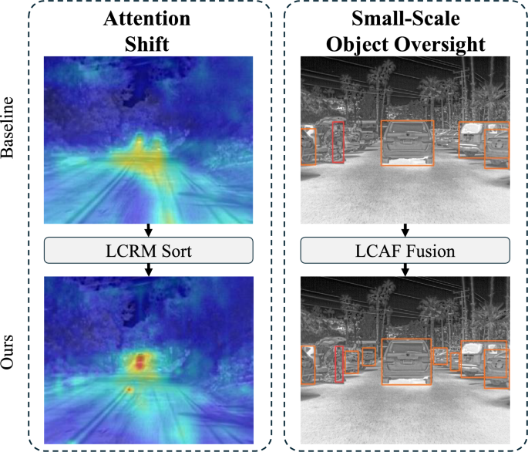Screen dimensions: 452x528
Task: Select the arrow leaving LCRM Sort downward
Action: [x=149, y=268]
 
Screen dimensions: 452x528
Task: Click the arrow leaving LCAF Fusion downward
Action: [x=405, y=268]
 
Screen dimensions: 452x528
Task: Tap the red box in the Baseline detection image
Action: [x=337, y=142]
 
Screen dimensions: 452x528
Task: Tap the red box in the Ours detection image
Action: [x=340, y=363]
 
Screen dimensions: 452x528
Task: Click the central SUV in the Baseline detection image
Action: [x=407, y=143]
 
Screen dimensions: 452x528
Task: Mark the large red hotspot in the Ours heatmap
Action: [x=140, y=361]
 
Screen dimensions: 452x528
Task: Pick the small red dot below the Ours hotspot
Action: [x=129, y=390]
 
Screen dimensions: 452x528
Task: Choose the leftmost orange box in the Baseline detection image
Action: [x=308, y=146]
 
